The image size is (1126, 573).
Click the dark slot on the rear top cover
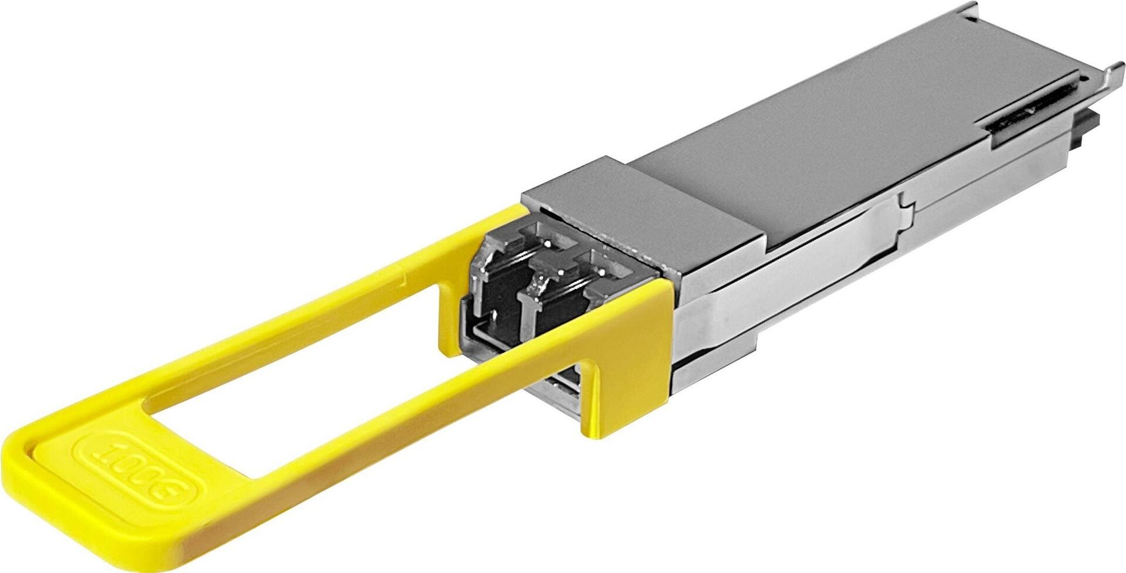pyautogui.click(x=1032, y=111)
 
